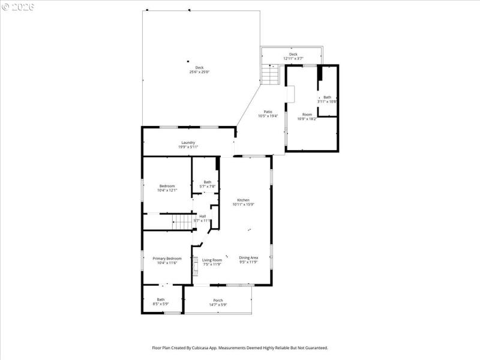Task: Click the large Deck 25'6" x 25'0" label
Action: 200,70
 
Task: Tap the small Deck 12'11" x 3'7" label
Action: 293,56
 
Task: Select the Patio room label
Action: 268,113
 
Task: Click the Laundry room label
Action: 188,145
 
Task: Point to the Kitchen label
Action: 243,202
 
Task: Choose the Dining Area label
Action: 248,260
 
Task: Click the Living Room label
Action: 212,262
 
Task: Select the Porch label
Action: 218,302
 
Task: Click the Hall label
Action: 203,218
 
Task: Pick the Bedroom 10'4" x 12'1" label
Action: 167,188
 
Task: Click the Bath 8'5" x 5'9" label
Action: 161,302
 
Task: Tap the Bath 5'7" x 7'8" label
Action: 207,184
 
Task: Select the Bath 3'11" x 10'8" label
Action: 327,99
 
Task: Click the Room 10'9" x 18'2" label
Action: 307,116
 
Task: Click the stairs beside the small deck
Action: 271,75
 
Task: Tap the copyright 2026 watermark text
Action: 19,7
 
